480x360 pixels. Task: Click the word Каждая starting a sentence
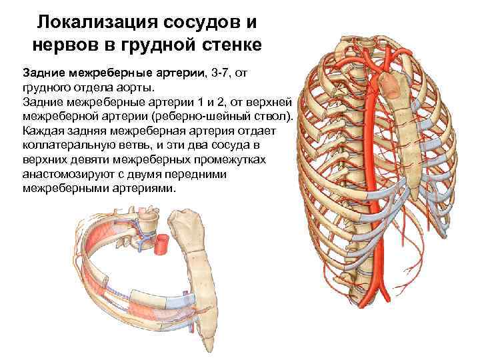[x=43, y=130]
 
